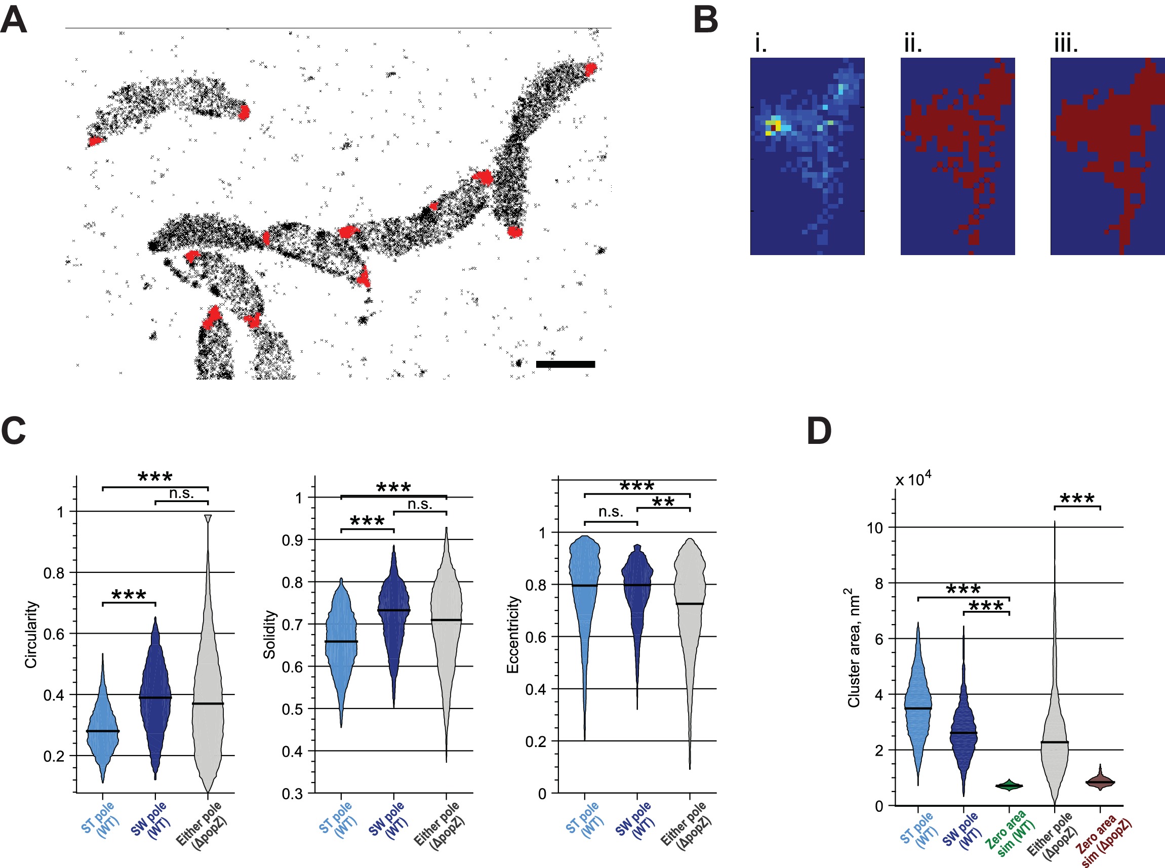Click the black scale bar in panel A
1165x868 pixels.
pyautogui.click(x=565, y=364)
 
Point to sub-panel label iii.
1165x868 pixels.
pyautogui.click(x=1066, y=43)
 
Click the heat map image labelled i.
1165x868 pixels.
pyautogui.click(x=807, y=156)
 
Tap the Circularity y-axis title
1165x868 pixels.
pyautogui.click(x=31, y=634)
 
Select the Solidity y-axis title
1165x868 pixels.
pyautogui.click(x=269, y=634)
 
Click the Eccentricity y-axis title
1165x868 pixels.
pyautogui.click(x=512, y=634)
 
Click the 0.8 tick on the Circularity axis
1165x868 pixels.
pyautogui.click(x=53, y=573)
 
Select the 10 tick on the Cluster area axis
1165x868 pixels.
pyautogui.click(x=875, y=527)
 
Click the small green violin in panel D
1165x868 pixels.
pyautogui.click(x=1009, y=786)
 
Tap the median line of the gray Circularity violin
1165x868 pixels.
pyautogui.click(x=208, y=704)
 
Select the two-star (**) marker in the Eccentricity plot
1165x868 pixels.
pyautogui.click(x=663, y=502)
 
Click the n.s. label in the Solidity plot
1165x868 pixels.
pyautogui.click(x=420, y=505)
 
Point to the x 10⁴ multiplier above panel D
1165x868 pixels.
pyautogui.click(x=913, y=479)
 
